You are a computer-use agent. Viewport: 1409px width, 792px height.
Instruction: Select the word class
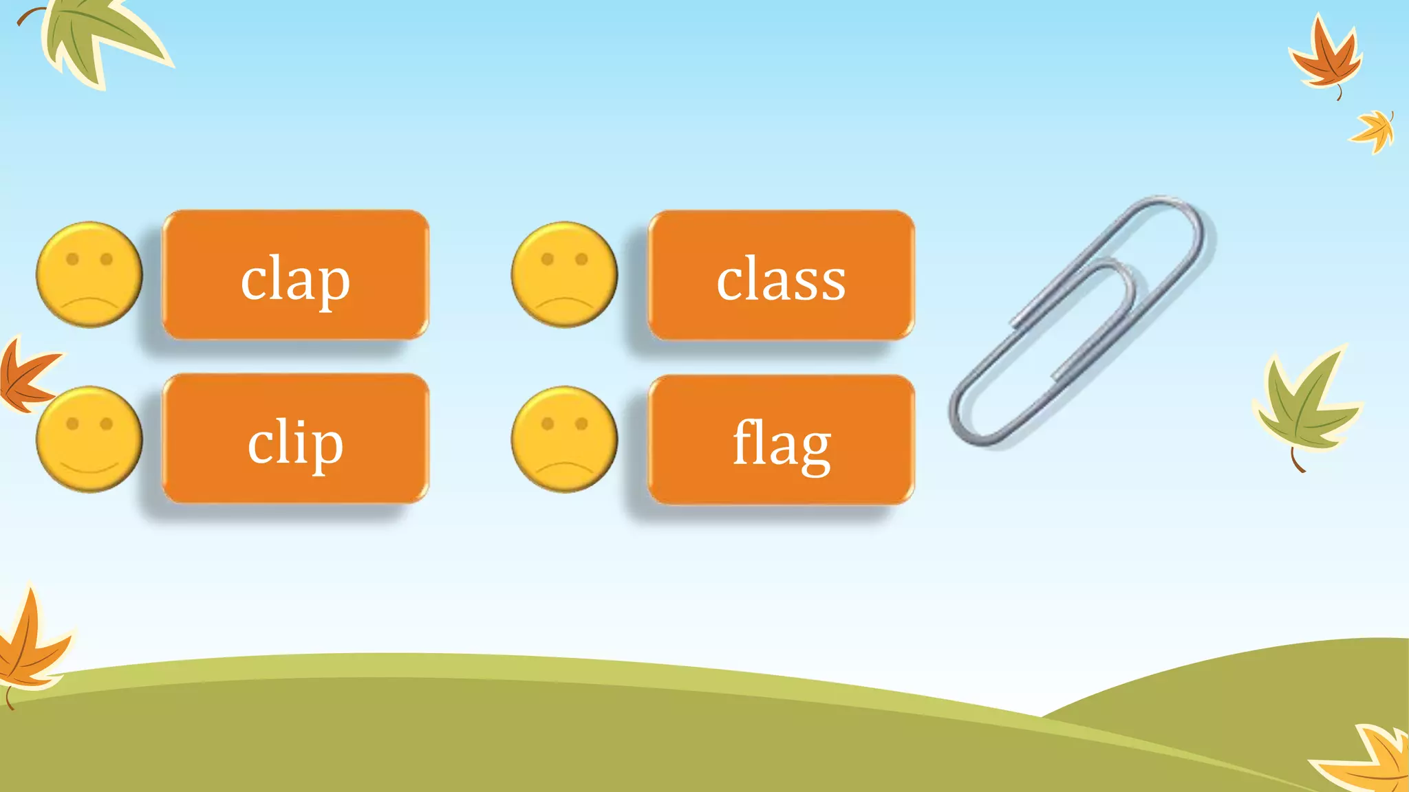click(781, 278)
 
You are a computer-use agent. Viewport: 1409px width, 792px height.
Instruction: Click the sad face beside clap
click(89, 274)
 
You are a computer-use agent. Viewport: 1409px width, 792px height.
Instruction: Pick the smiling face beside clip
click(89, 439)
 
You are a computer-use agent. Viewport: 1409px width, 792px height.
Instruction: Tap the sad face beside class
click(564, 274)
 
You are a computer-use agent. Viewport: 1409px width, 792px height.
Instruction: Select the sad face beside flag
click(564, 439)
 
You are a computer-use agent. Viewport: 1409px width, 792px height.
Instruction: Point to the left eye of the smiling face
click(72, 423)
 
